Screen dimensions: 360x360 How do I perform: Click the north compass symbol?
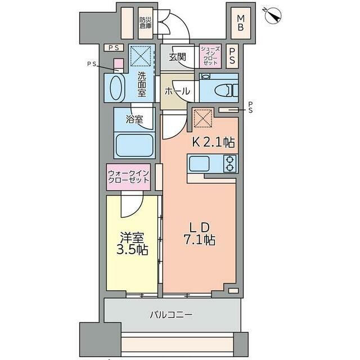coord(273,16)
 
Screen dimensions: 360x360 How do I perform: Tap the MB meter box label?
coord(241,22)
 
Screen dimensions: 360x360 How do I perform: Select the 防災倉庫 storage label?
coord(146,22)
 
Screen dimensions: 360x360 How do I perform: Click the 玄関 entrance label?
coord(177,57)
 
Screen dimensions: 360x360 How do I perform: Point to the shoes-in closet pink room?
coord(210,56)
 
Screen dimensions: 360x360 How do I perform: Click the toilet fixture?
coord(226,90)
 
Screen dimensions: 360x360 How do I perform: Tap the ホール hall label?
coord(177,91)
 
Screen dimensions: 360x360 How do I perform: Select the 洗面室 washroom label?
coord(142,84)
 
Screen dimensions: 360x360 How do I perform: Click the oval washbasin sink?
coord(116,88)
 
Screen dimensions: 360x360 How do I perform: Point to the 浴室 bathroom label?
coord(134,119)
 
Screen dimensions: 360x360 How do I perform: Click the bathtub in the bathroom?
coord(134,145)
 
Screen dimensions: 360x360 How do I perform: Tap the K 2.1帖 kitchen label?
coord(213,142)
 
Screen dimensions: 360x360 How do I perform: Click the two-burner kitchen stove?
coord(230,164)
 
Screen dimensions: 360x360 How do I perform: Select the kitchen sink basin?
coord(199,164)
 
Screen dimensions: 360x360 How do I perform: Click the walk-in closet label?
coord(129,177)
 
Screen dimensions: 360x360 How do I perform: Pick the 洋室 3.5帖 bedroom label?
coord(132,244)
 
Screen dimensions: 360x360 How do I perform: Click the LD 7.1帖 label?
coord(199,234)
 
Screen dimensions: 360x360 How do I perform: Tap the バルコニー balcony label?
coord(171,314)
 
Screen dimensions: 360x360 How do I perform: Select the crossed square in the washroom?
coord(141,56)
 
